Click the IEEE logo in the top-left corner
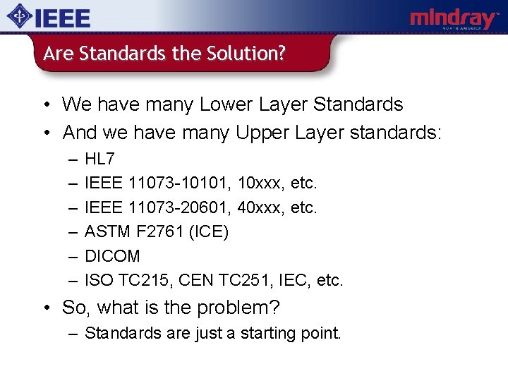click(x=49, y=17)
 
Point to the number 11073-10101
click(x=181, y=183)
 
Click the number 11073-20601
click(x=181, y=207)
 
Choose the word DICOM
click(x=112, y=255)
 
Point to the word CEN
click(x=195, y=280)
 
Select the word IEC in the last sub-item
click(x=295, y=280)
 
